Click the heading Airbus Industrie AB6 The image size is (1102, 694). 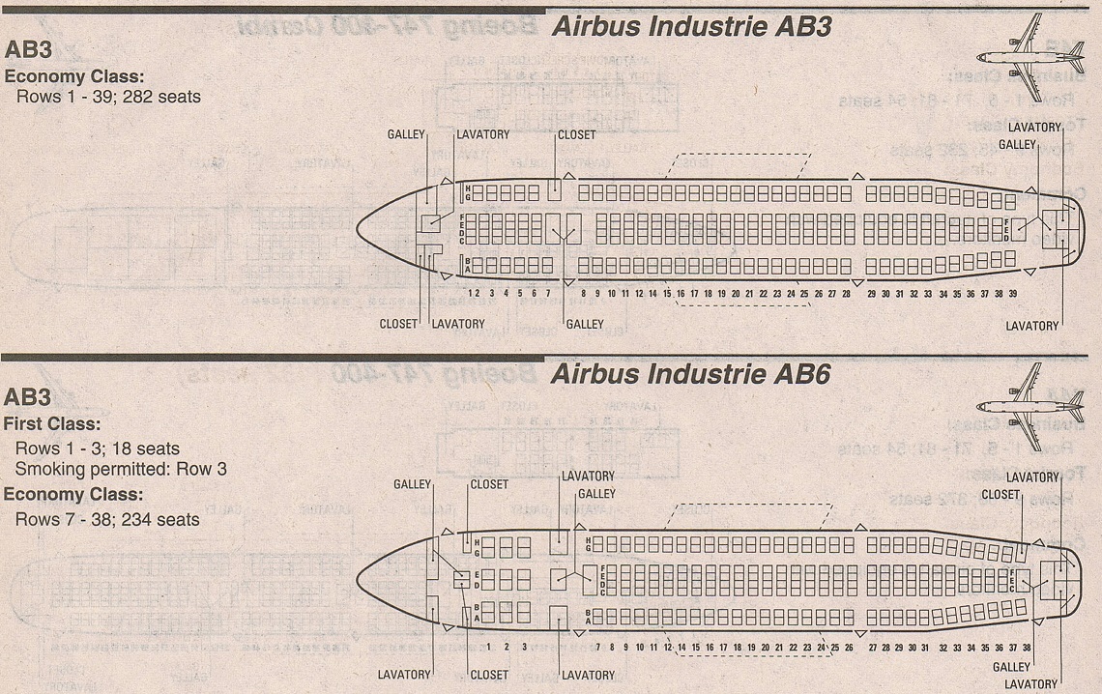690,374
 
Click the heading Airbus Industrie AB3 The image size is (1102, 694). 690,28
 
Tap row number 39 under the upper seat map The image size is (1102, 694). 1012,293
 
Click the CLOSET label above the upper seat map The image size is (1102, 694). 577,134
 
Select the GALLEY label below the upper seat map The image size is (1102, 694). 585,325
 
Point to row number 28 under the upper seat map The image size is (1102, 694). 846,293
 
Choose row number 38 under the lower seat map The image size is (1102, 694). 1026,647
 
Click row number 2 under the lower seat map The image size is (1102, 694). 507,647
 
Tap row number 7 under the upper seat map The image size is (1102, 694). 547,293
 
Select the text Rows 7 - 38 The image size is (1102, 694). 63,519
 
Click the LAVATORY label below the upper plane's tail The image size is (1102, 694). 1031,326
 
